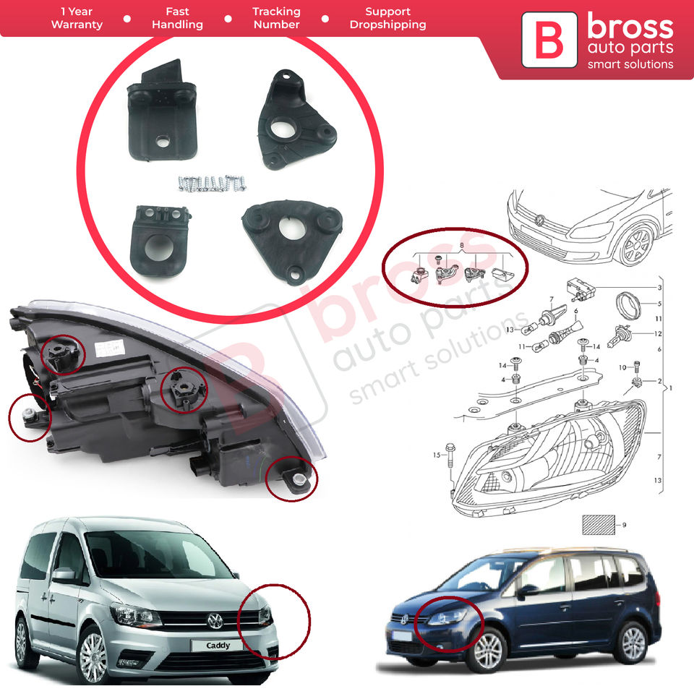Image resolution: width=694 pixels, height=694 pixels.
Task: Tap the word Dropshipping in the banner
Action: (x=387, y=25)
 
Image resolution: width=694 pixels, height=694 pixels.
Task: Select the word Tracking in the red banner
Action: (x=276, y=12)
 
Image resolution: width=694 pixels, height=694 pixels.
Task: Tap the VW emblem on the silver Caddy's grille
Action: (x=215, y=620)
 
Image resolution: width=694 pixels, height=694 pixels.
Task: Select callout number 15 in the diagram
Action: (x=436, y=455)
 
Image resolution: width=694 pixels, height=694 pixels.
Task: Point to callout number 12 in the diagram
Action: (x=657, y=333)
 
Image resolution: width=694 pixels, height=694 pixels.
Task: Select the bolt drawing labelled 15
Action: (x=451, y=453)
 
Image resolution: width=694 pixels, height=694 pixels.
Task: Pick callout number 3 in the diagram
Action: (x=659, y=288)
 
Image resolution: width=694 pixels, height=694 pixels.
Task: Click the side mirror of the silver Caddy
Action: (x=64, y=575)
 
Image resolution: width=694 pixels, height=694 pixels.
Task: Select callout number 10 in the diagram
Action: (x=623, y=368)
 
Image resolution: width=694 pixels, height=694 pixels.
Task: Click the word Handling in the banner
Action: (x=177, y=25)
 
